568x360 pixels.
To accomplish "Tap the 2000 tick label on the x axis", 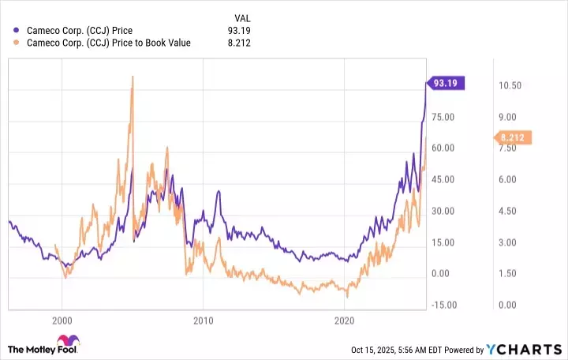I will coord(62,321).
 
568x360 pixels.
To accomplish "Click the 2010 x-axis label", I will coord(203,321).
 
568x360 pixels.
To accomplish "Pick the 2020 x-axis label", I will coord(344,321).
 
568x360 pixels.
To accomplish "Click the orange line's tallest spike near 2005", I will coord(133,77).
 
